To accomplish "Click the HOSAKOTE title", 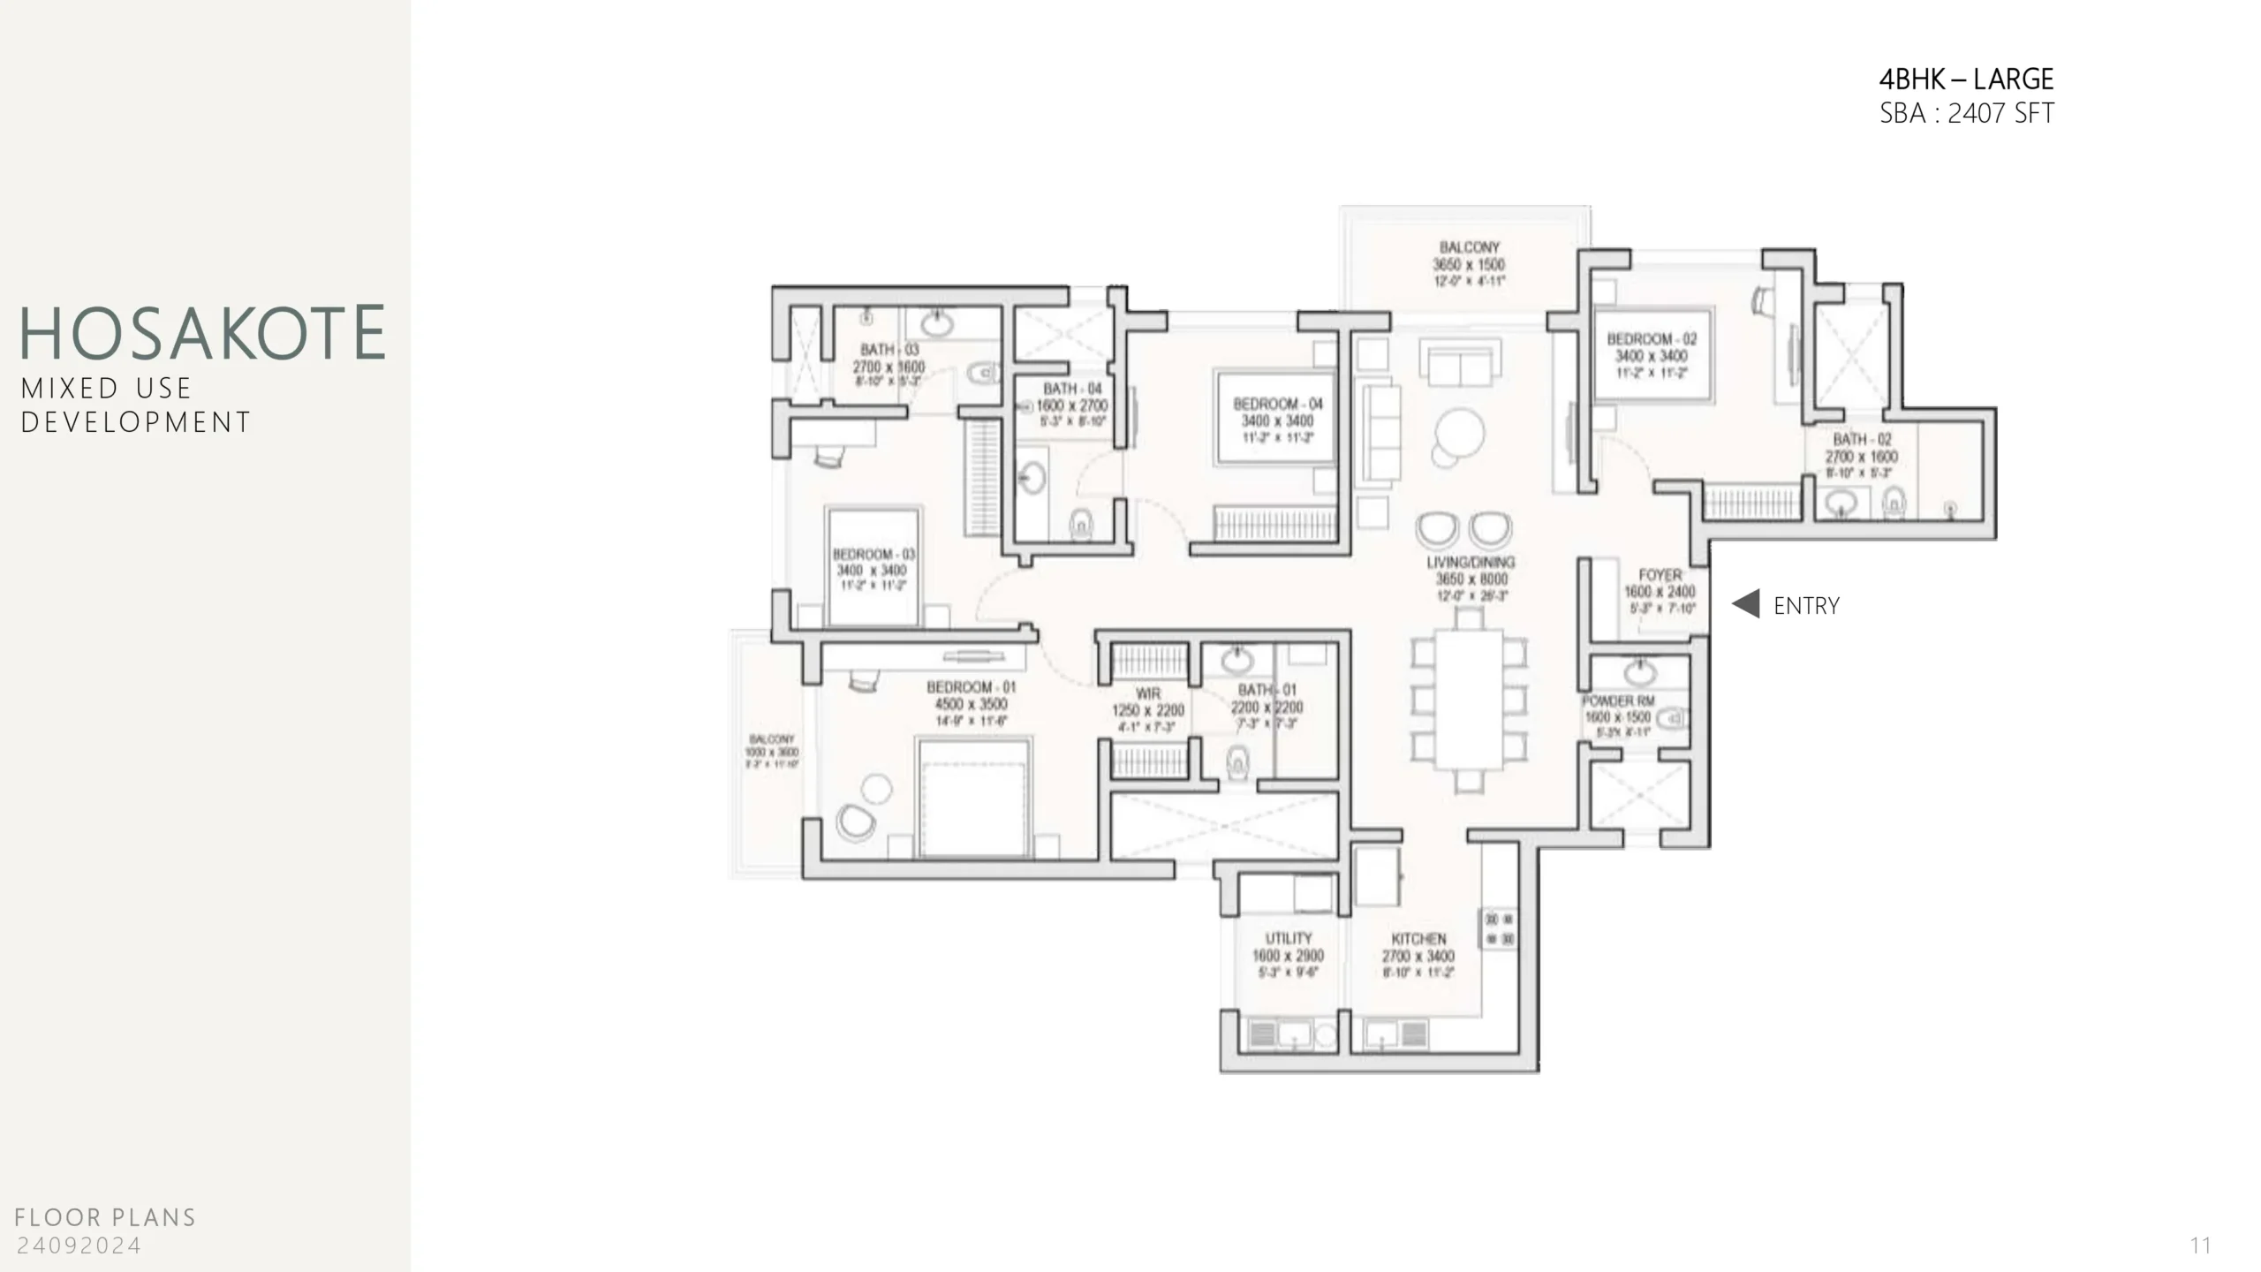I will (202, 333).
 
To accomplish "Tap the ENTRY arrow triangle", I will (1746, 604).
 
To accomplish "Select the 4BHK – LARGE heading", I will (1965, 79).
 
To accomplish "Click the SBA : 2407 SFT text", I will (1966, 114).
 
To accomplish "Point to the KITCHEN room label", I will (1418, 939).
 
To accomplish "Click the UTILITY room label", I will (1289, 938).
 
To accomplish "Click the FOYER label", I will (1660, 575).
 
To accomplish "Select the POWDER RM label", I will (1618, 701).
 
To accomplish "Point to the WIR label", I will (1148, 694).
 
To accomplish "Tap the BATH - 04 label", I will (1072, 389).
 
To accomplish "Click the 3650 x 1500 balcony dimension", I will (1469, 265).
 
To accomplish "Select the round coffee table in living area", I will (1459, 433).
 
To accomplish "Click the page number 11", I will (2200, 1246).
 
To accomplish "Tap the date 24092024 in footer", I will (79, 1246).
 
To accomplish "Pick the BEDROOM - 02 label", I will (1652, 339).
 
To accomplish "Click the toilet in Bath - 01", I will (1238, 761).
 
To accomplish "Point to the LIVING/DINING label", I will (1471, 563).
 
